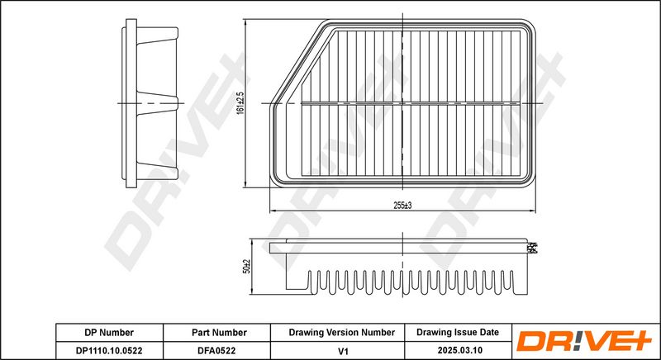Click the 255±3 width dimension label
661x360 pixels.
pyautogui.click(x=402, y=205)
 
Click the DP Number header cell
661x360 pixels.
pyautogui.click(x=108, y=332)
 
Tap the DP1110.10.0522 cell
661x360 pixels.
pyautogui.click(x=108, y=350)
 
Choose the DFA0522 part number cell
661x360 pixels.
pyautogui.click(x=216, y=350)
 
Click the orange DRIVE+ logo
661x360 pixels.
pyautogui.click(x=584, y=342)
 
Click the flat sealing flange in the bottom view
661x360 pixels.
pyautogui.click(x=397, y=247)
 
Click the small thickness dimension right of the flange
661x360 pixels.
pyautogui.click(x=534, y=247)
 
